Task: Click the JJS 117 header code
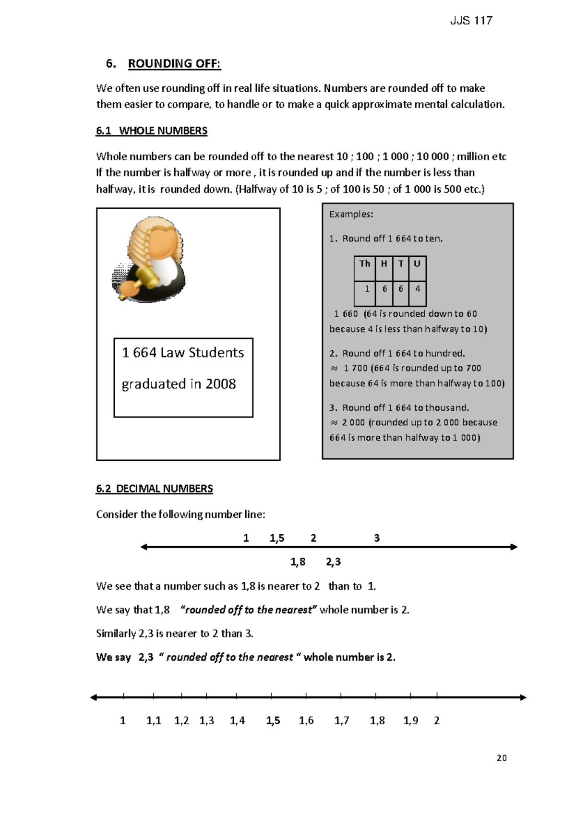click(x=471, y=21)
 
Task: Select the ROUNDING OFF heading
click(x=174, y=64)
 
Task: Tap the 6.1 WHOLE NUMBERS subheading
click(x=152, y=131)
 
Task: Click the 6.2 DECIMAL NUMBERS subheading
click(x=155, y=489)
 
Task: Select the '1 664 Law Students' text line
click(x=183, y=353)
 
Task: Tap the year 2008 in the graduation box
click(x=220, y=384)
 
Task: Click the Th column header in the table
click(x=365, y=263)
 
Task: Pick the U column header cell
click(x=417, y=263)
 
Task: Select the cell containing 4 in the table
click(x=418, y=289)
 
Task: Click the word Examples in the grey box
click(x=351, y=215)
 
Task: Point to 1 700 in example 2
click(x=356, y=368)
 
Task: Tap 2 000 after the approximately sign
click(x=353, y=422)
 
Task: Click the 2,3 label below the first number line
click(x=333, y=562)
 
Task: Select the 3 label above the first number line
click(x=377, y=538)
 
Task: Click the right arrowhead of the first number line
click(x=514, y=547)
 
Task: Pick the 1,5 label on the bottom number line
click(x=273, y=720)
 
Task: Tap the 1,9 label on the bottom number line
click(x=410, y=720)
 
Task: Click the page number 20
click(x=502, y=758)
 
